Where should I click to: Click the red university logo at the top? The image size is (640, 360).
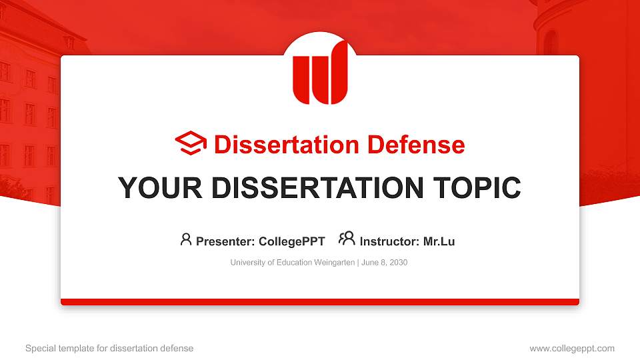coord(320,72)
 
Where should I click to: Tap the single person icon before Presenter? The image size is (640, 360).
coord(186,239)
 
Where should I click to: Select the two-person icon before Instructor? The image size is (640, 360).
coord(347,239)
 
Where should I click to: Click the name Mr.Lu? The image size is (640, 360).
coord(439,241)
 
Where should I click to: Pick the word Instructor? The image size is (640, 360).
coord(390,241)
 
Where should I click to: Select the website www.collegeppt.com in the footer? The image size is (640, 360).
coord(572,348)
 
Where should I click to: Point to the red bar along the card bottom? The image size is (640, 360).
coord(320,302)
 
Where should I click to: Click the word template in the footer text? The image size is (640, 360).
coord(74,348)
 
